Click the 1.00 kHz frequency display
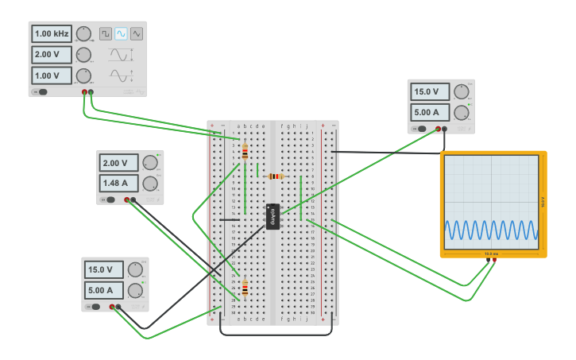(x=52, y=34)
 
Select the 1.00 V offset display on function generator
(x=52, y=75)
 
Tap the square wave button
(x=106, y=33)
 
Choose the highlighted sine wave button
(x=121, y=33)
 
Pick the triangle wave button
(x=137, y=33)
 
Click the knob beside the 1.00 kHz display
(x=83, y=33)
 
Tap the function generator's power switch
(x=41, y=92)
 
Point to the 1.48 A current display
(x=119, y=184)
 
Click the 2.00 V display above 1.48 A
(x=119, y=163)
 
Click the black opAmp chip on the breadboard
(x=273, y=217)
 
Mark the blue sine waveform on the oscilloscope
(x=491, y=230)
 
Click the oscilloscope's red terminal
(x=494, y=260)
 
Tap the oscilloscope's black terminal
(x=488, y=260)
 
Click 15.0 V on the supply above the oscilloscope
(x=429, y=91)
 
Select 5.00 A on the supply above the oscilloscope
(x=429, y=112)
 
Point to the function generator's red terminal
(x=84, y=92)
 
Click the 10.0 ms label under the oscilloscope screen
(x=491, y=254)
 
